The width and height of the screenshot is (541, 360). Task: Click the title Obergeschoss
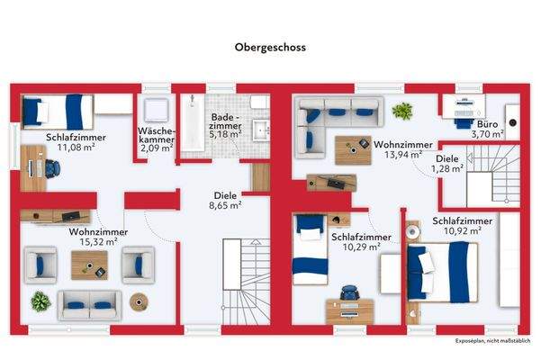pyautogui.click(x=270, y=47)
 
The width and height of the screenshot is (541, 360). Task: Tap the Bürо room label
pyautogui.click(x=487, y=124)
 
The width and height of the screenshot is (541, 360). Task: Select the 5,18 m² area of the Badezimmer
pyautogui.click(x=225, y=134)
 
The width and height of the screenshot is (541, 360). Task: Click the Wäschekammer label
pyautogui.click(x=157, y=135)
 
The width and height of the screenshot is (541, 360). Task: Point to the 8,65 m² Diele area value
pyautogui.click(x=225, y=205)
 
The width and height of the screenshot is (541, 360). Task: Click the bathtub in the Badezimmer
pyautogui.click(x=193, y=122)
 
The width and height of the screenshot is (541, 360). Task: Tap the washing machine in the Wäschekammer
pyautogui.click(x=156, y=110)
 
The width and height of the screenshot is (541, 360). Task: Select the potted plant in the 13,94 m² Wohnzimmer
pyautogui.click(x=402, y=111)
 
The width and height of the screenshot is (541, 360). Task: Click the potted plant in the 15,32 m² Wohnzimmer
pyautogui.click(x=41, y=301)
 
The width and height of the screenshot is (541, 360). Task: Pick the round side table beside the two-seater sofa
pyautogui.click(x=139, y=302)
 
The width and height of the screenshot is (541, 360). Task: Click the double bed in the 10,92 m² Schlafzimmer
pyautogui.click(x=442, y=272)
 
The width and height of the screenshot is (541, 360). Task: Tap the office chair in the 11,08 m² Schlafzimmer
pyautogui.click(x=52, y=168)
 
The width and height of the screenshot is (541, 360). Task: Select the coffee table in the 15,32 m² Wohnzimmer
pyautogui.click(x=89, y=265)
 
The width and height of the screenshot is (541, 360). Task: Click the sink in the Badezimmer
pyautogui.click(x=261, y=130)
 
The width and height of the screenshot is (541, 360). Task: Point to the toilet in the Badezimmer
pyautogui.click(x=259, y=102)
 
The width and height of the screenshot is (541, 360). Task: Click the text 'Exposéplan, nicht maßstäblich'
pyautogui.click(x=492, y=341)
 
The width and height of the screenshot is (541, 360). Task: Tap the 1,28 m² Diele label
pyautogui.click(x=447, y=164)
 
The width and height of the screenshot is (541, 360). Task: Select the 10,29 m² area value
pyautogui.click(x=361, y=247)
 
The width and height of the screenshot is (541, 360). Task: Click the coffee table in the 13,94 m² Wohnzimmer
pyautogui.click(x=353, y=150)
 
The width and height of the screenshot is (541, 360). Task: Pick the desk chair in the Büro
pyautogui.click(x=464, y=122)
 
